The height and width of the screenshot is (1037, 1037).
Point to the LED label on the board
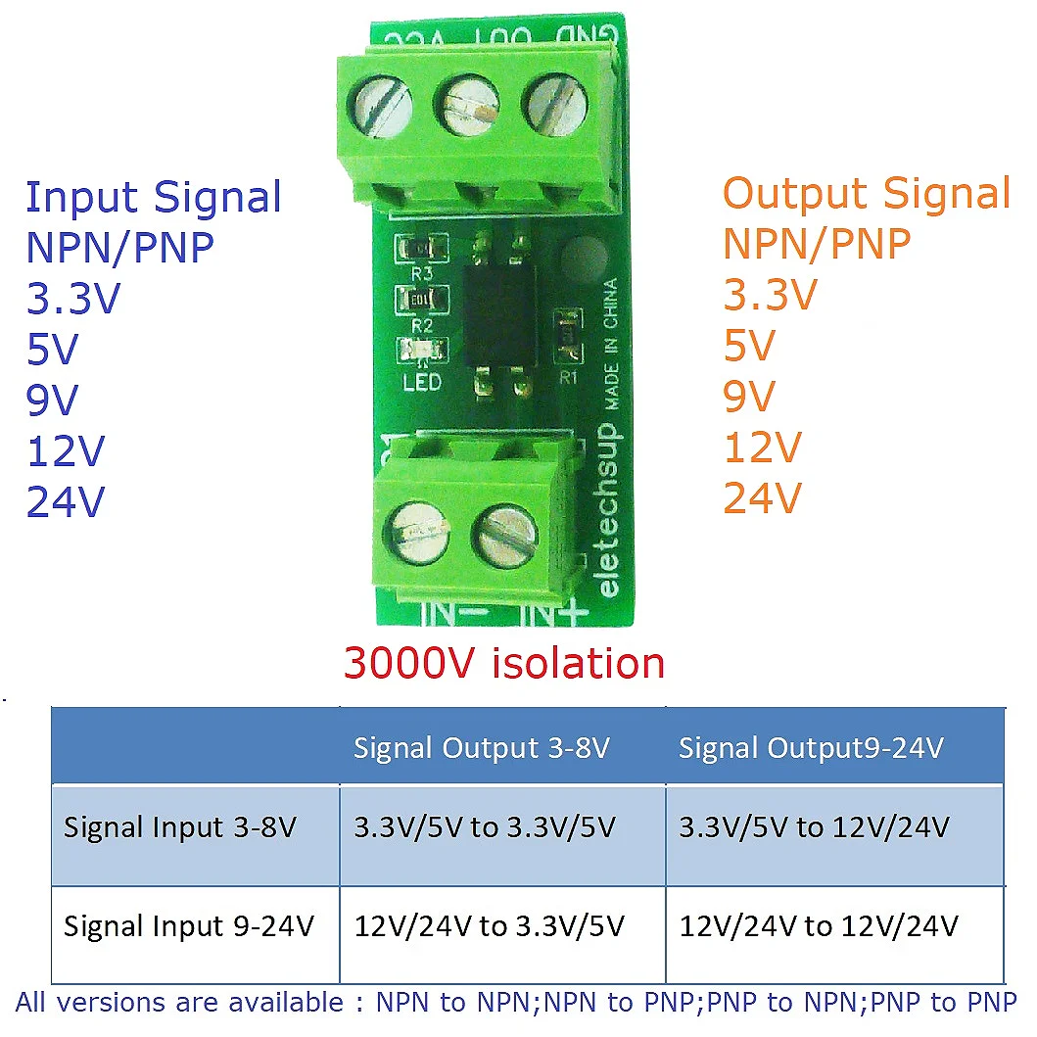point(422,381)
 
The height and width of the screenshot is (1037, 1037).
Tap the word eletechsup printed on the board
point(607,509)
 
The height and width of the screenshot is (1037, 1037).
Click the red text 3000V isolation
point(504,663)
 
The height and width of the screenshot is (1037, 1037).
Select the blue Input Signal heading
point(154,197)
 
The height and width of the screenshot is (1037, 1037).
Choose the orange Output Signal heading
point(867,194)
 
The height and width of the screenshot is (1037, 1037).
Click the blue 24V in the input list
point(66,502)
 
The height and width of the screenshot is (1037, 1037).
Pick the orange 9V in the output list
point(749,397)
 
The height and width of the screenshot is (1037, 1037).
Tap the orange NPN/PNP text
point(817,243)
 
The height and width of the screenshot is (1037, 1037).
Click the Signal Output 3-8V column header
point(482,748)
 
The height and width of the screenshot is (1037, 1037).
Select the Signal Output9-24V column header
point(811,748)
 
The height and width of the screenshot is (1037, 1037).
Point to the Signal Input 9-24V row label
point(189,925)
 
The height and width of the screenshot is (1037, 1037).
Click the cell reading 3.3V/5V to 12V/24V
point(814,827)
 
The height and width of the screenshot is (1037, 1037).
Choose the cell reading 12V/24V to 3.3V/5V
point(490,925)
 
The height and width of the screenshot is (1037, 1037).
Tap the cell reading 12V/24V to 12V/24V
point(819,925)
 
